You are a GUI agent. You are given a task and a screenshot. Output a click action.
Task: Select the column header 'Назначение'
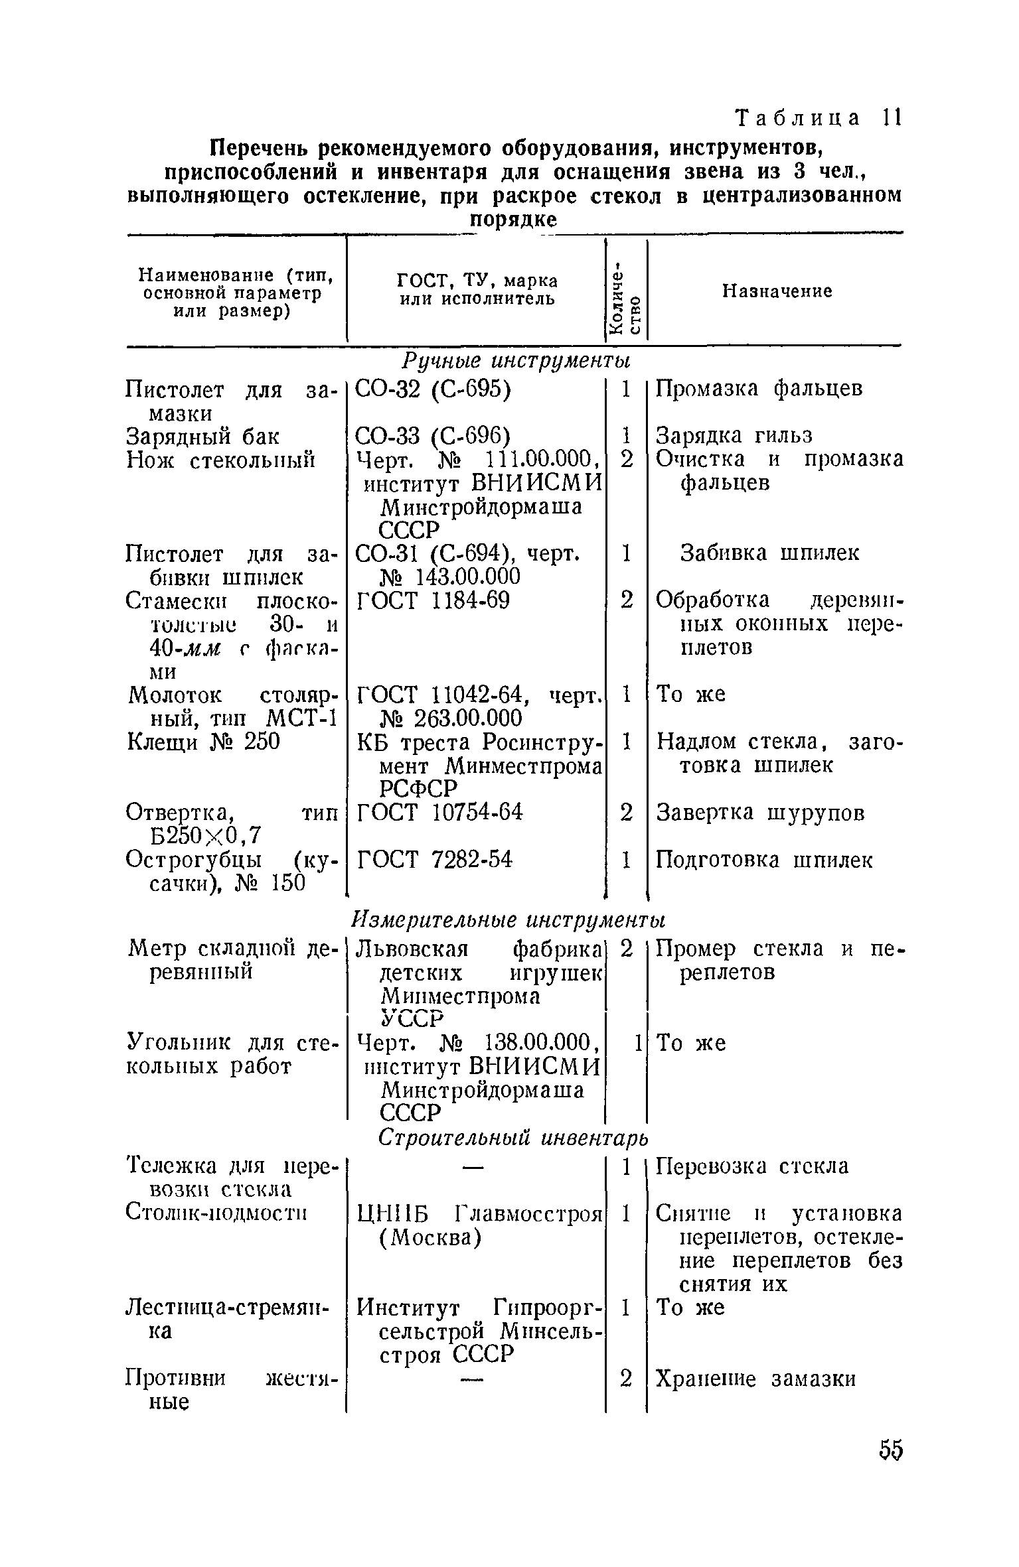tap(777, 291)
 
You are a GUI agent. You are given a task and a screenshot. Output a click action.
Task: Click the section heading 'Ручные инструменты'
tap(514, 362)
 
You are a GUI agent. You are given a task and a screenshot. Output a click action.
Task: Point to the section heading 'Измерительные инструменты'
tap(508, 921)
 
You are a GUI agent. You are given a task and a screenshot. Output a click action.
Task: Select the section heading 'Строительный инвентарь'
tap(512, 1138)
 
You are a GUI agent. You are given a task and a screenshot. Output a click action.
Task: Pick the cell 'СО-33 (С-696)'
tap(433, 437)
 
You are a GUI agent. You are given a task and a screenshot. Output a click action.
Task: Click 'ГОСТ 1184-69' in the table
tap(433, 601)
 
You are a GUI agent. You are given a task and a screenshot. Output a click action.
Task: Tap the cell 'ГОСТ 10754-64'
tap(439, 812)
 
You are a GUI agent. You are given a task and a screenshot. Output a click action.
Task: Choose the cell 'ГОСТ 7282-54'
tap(435, 860)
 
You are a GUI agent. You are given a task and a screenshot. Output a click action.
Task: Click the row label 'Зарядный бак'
tap(203, 437)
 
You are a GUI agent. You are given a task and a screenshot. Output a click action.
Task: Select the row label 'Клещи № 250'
tap(203, 742)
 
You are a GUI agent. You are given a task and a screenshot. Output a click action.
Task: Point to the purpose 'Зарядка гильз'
tap(734, 437)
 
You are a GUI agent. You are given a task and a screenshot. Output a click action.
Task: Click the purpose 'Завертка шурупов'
tap(761, 813)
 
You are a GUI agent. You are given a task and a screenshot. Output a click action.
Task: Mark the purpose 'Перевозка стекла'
tap(752, 1166)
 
